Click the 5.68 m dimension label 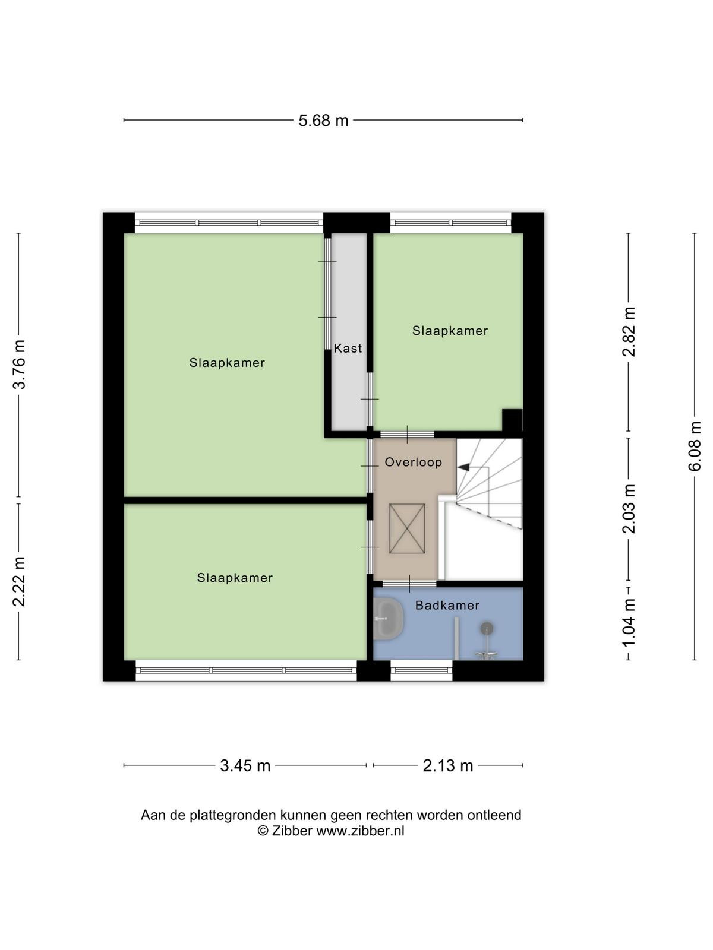(323, 121)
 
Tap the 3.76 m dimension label (20, 365)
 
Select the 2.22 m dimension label (20, 581)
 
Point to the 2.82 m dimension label (629, 331)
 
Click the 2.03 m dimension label (629, 508)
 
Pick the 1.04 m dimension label (629, 623)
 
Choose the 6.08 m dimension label (695, 446)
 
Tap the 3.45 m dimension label (245, 766)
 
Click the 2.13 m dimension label (447, 766)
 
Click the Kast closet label (348, 349)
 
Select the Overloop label (414, 462)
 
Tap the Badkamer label (447, 605)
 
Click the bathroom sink (389, 619)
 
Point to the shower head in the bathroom (487, 628)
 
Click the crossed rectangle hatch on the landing (407, 528)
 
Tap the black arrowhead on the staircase (463, 467)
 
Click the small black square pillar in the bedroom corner (513, 420)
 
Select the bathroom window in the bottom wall (421, 671)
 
